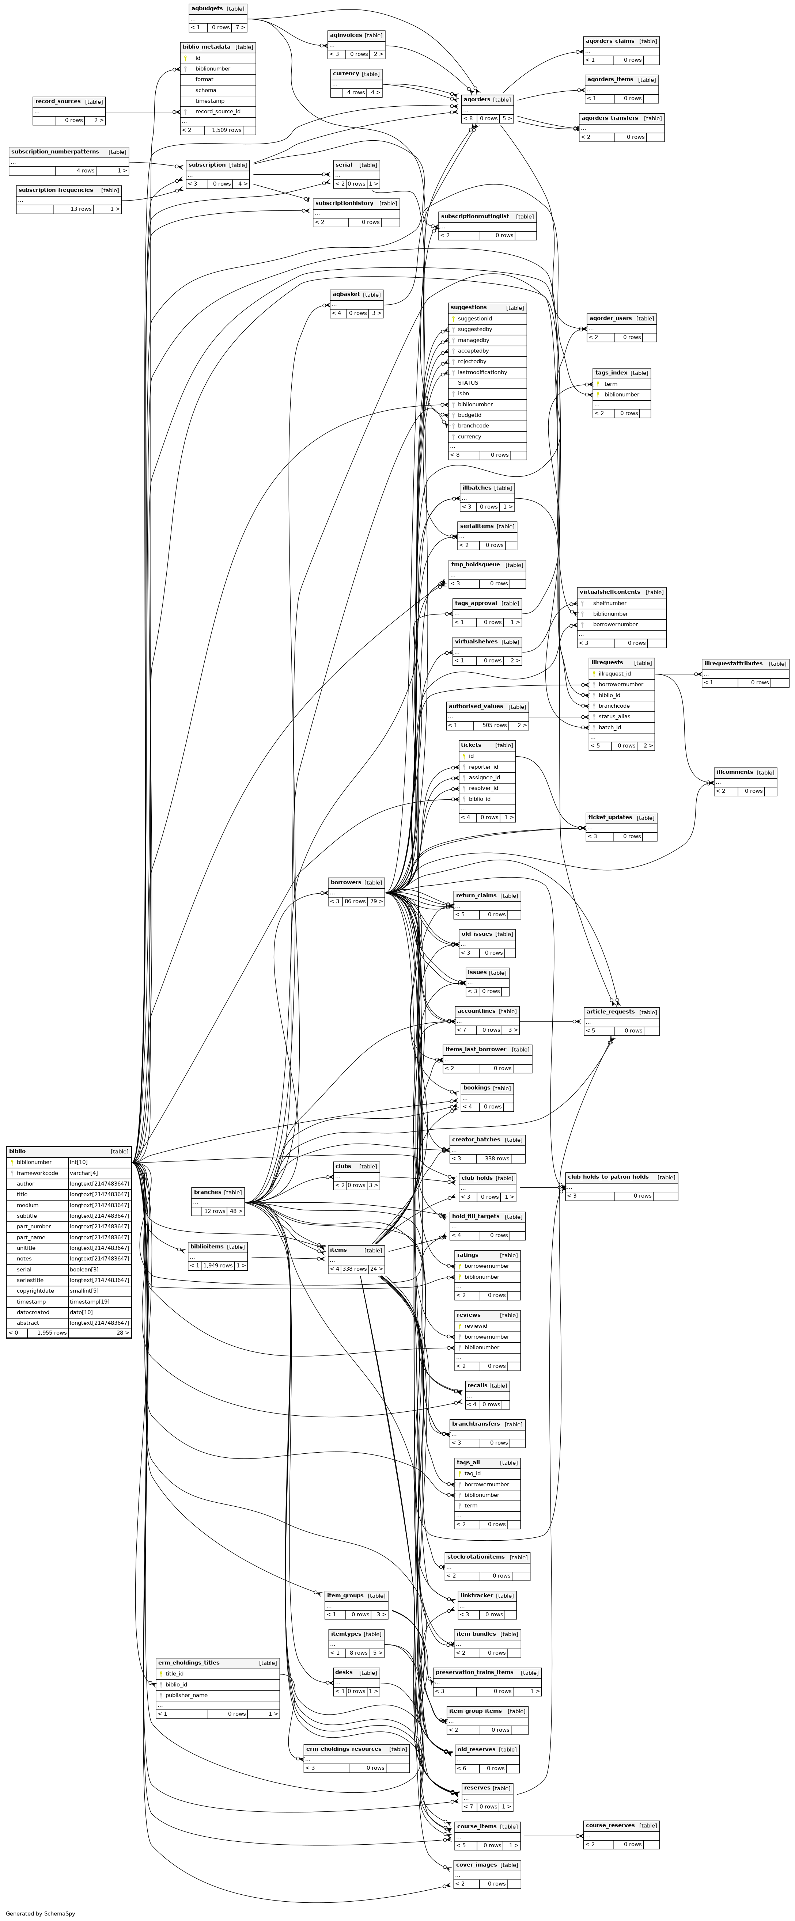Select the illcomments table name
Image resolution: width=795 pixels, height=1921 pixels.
pos(734,772)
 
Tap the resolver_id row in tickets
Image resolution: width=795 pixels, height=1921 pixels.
pos(483,788)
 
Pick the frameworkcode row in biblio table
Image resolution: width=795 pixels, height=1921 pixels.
pos(37,1173)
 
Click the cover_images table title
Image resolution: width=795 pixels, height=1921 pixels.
pos(476,1859)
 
